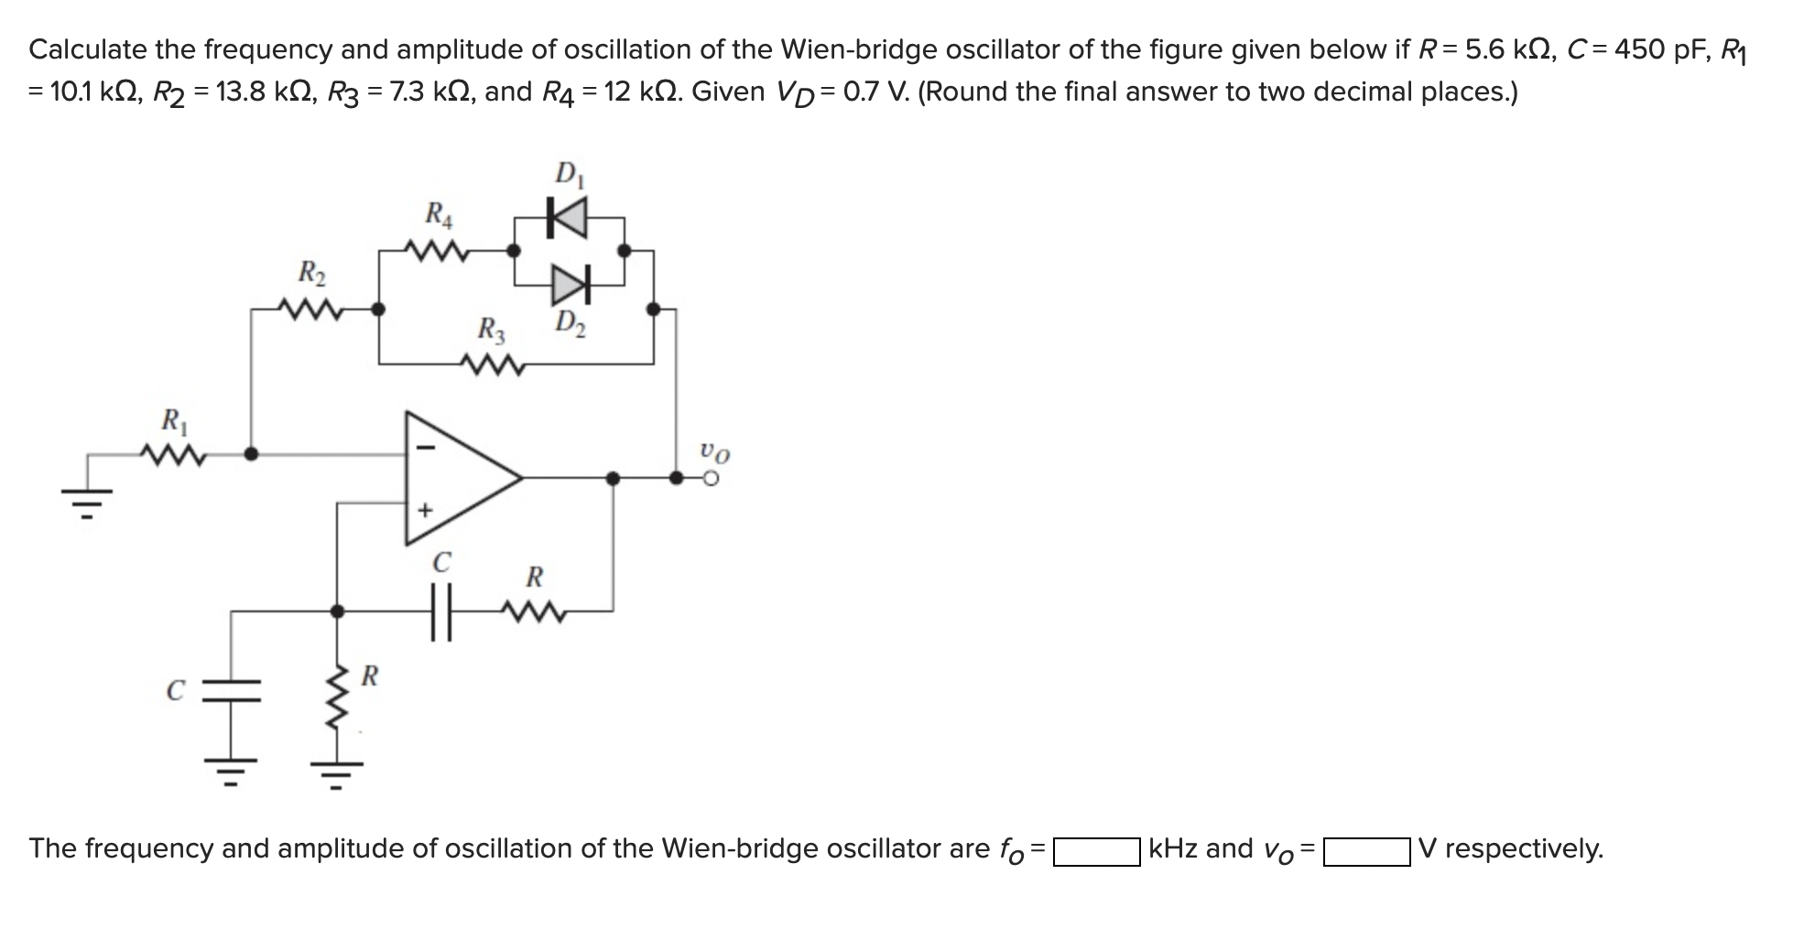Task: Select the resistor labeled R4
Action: coord(437,249)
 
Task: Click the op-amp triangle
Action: coord(458,477)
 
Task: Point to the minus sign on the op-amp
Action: coord(424,448)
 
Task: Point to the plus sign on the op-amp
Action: coord(424,510)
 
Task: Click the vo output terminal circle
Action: coord(711,478)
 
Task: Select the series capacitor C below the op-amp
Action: coord(441,610)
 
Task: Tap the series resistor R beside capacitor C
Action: coord(534,610)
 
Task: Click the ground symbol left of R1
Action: coord(88,499)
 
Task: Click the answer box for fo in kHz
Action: coord(1095,851)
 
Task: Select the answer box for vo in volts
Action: coord(1365,851)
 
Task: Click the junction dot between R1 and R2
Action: coord(252,453)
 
